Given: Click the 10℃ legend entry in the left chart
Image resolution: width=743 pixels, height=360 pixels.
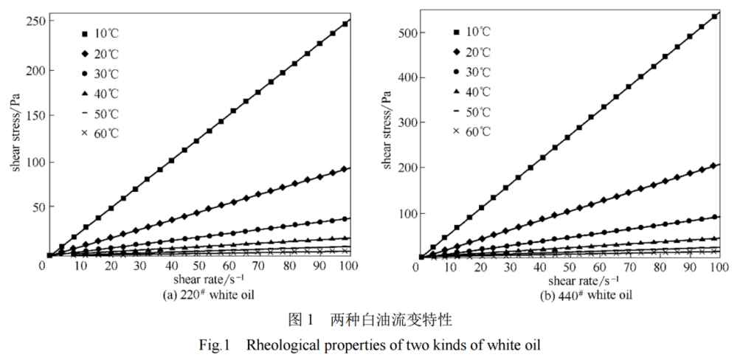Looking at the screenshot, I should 100,33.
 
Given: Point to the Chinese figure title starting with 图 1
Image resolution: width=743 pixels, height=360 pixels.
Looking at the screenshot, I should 369,319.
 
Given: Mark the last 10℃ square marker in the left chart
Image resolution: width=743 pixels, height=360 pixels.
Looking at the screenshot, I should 345,24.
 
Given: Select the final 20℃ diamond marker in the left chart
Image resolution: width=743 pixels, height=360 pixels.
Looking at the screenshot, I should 345,169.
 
